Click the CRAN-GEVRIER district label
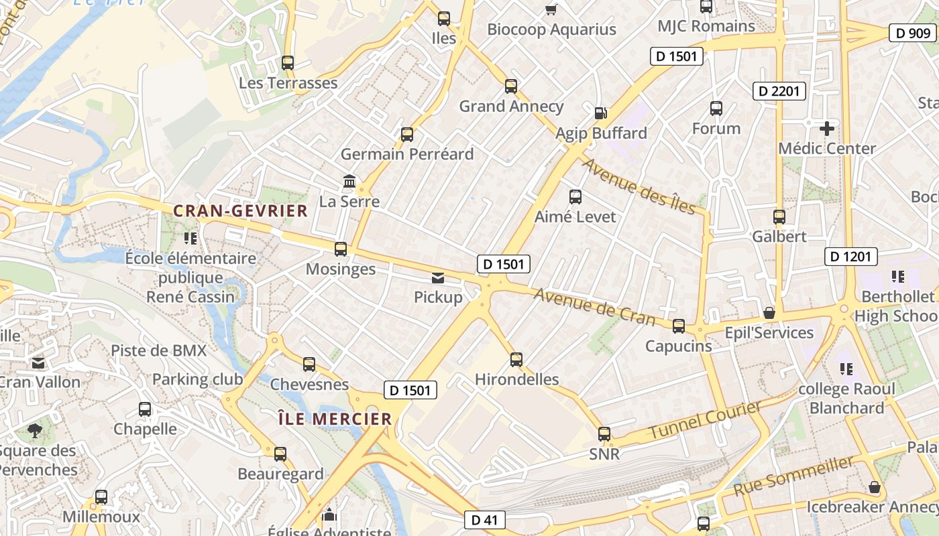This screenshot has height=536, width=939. [240, 211]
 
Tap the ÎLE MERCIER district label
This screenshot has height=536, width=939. [335, 419]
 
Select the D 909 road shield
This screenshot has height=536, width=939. [912, 33]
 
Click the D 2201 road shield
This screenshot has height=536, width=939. [779, 90]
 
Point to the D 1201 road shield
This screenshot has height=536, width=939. [850, 256]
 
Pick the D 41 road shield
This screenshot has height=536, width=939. [484, 519]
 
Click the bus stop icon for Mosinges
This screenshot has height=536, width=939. [341, 249]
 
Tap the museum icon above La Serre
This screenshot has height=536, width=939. [349, 181]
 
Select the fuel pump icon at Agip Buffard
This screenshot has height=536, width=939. [601, 113]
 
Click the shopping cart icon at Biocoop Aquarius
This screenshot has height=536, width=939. [551, 9]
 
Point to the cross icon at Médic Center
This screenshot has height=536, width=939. [827, 128]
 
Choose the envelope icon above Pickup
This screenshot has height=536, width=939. [438, 277]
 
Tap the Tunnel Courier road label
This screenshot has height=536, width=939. [704, 420]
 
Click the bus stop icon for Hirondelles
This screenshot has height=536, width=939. [516, 360]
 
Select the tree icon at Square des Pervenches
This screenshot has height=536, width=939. [34, 430]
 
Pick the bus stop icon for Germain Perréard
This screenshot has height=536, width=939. [407, 135]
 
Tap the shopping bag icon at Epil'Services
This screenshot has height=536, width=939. [769, 313]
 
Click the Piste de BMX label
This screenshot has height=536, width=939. [158, 350]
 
